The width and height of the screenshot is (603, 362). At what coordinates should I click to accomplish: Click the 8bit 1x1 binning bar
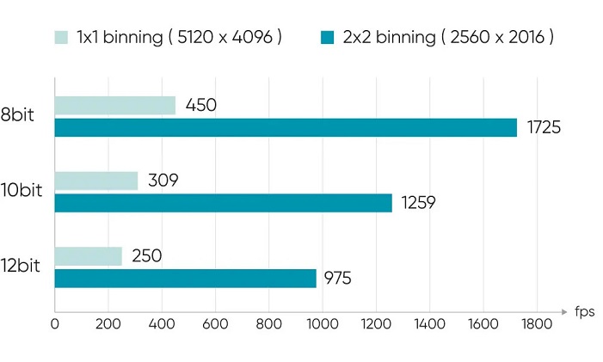pyautogui.click(x=114, y=105)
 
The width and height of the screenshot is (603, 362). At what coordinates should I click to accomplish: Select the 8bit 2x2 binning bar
pyautogui.click(x=286, y=128)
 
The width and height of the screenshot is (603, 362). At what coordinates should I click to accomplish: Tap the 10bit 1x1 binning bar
pyautogui.click(x=95, y=181)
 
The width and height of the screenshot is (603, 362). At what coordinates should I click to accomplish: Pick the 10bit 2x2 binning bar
pyautogui.click(x=223, y=203)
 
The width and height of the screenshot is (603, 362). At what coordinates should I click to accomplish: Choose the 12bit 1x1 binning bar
pyautogui.click(x=88, y=255)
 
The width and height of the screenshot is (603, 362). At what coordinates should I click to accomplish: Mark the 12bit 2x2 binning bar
pyautogui.click(x=185, y=279)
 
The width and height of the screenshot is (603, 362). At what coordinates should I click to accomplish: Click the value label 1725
pyautogui.click(x=543, y=128)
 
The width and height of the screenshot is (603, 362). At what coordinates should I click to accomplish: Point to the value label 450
pyautogui.click(x=200, y=105)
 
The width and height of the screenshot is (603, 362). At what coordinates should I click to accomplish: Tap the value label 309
pyautogui.click(x=162, y=181)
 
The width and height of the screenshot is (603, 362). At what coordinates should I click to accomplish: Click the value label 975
pyautogui.click(x=337, y=279)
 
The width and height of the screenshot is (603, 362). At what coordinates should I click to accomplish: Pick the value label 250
pyautogui.click(x=146, y=255)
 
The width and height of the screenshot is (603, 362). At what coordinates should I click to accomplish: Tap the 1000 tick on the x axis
pyautogui.click(x=322, y=324)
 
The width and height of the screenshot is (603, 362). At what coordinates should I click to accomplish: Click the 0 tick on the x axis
pyautogui.click(x=54, y=324)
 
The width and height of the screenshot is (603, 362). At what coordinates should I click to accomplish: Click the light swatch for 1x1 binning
pyautogui.click(x=61, y=37)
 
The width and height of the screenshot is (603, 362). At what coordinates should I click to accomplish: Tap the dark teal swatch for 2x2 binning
pyautogui.click(x=327, y=37)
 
